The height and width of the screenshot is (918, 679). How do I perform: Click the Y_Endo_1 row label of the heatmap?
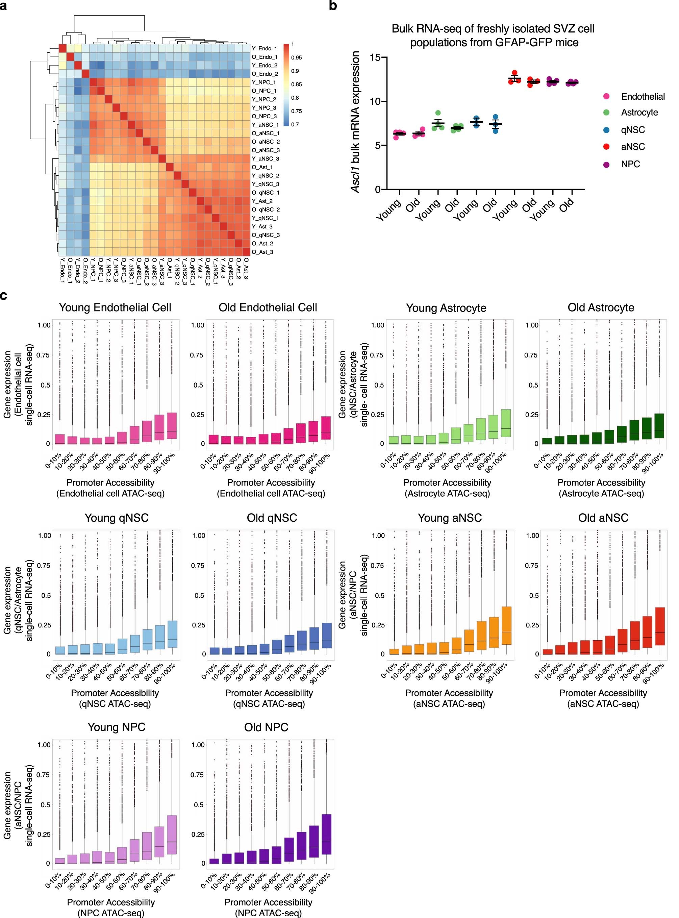click(264, 49)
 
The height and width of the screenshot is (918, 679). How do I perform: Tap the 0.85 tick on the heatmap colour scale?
click(296, 84)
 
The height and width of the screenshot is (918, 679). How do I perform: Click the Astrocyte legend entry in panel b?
click(639, 113)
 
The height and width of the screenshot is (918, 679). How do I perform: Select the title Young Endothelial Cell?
click(115, 307)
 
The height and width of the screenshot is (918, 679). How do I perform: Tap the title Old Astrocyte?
click(601, 307)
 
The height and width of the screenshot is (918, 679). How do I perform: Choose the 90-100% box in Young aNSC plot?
click(506, 626)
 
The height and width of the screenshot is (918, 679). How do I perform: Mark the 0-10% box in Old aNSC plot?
click(548, 652)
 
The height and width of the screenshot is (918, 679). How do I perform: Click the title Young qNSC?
click(116, 518)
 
